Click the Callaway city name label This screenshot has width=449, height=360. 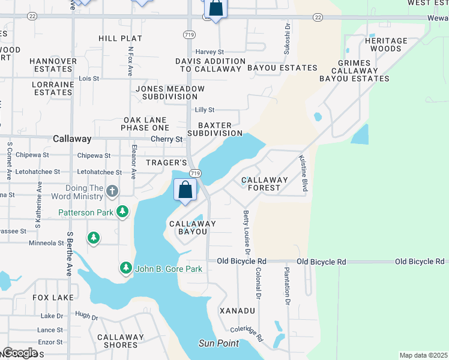tap(72, 139)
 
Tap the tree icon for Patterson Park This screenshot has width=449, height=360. tap(122, 212)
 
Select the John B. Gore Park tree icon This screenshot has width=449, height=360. tap(125, 268)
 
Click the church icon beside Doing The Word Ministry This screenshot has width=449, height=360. tap(112, 191)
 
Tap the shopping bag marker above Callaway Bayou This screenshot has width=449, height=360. tap(186, 190)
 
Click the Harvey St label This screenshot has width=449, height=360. tap(209, 52)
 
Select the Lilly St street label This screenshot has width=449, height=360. tap(205, 110)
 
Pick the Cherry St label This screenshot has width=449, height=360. tap(166, 139)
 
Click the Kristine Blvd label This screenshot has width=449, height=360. tap(304, 173)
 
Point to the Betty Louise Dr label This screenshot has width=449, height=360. tap(246, 232)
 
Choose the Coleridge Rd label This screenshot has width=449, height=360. tap(247, 334)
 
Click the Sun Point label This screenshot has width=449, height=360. tap(219, 343)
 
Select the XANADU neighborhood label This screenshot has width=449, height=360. tap(237, 311)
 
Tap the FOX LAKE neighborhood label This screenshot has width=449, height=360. tap(53, 298)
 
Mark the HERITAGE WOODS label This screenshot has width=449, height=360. tap(386, 44)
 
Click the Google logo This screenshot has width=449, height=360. tap(19, 353)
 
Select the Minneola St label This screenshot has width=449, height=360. tap(46, 243)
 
